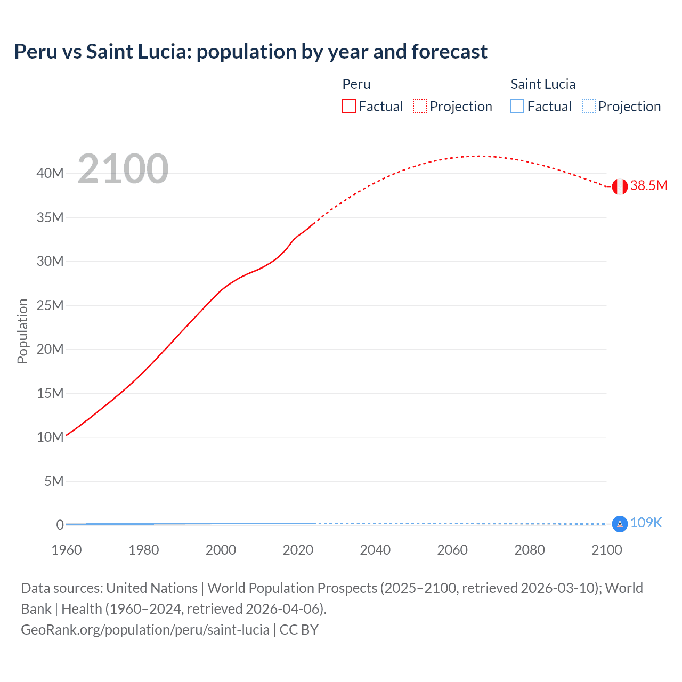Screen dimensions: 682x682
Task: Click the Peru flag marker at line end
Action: pos(619,186)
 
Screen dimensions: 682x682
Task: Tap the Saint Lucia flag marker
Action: pos(619,524)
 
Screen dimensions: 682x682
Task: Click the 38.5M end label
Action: pos(648,186)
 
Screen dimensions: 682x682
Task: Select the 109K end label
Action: pos(646,523)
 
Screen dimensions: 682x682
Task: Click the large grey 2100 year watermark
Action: pos(123,169)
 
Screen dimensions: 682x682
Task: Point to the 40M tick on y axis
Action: pos(50,174)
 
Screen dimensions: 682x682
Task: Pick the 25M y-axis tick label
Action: pos(50,305)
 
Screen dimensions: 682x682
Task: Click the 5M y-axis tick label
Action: pos(53,481)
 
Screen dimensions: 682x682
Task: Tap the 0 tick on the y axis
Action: pos(60,525)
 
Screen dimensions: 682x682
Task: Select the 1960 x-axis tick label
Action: pos(67,550)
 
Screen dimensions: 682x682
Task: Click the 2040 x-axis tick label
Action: pos(375,550)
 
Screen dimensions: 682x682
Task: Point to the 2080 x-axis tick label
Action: pos(530,550)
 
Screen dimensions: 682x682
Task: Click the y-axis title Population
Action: pos(22,331)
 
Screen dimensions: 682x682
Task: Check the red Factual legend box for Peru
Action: pos(348,107)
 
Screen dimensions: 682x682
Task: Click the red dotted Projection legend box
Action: pos(420,107)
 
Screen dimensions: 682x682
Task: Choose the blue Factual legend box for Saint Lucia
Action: pos(517,107)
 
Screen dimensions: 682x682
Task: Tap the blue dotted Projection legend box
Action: pos(589,107)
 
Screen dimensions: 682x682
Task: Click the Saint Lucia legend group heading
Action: pos(543,84)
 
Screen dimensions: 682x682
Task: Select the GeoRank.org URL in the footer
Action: pos(145,630)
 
